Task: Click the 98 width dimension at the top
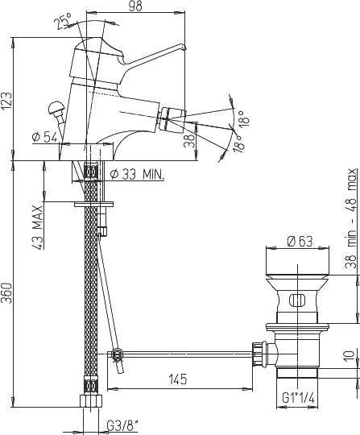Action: (x=135, y=6)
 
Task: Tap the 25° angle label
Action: (x=63, y=22)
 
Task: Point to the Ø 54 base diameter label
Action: (x=44, y=137)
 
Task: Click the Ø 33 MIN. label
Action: (x=137, y=175)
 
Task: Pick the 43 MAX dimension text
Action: (x=37, y=227)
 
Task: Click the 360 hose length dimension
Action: (x=6, y=293)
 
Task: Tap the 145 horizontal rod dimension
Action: (x=178, y=379)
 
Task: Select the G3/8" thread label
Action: (x=122, y=426)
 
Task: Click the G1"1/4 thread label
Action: (x=299, y=398)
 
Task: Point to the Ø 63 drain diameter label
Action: (x=300, y=242)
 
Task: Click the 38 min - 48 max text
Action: (x=350, y=218)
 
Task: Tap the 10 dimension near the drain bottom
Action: (x=350, y=356)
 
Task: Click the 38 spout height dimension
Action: (x=189, y=141)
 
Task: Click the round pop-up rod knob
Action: (x=56, y=107)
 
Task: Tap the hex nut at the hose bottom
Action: (x=91, y=401)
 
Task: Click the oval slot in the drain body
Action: (x=297, y=300)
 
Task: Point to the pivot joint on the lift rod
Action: (x=117, y=354)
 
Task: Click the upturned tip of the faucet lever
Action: (x=181, y=47)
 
